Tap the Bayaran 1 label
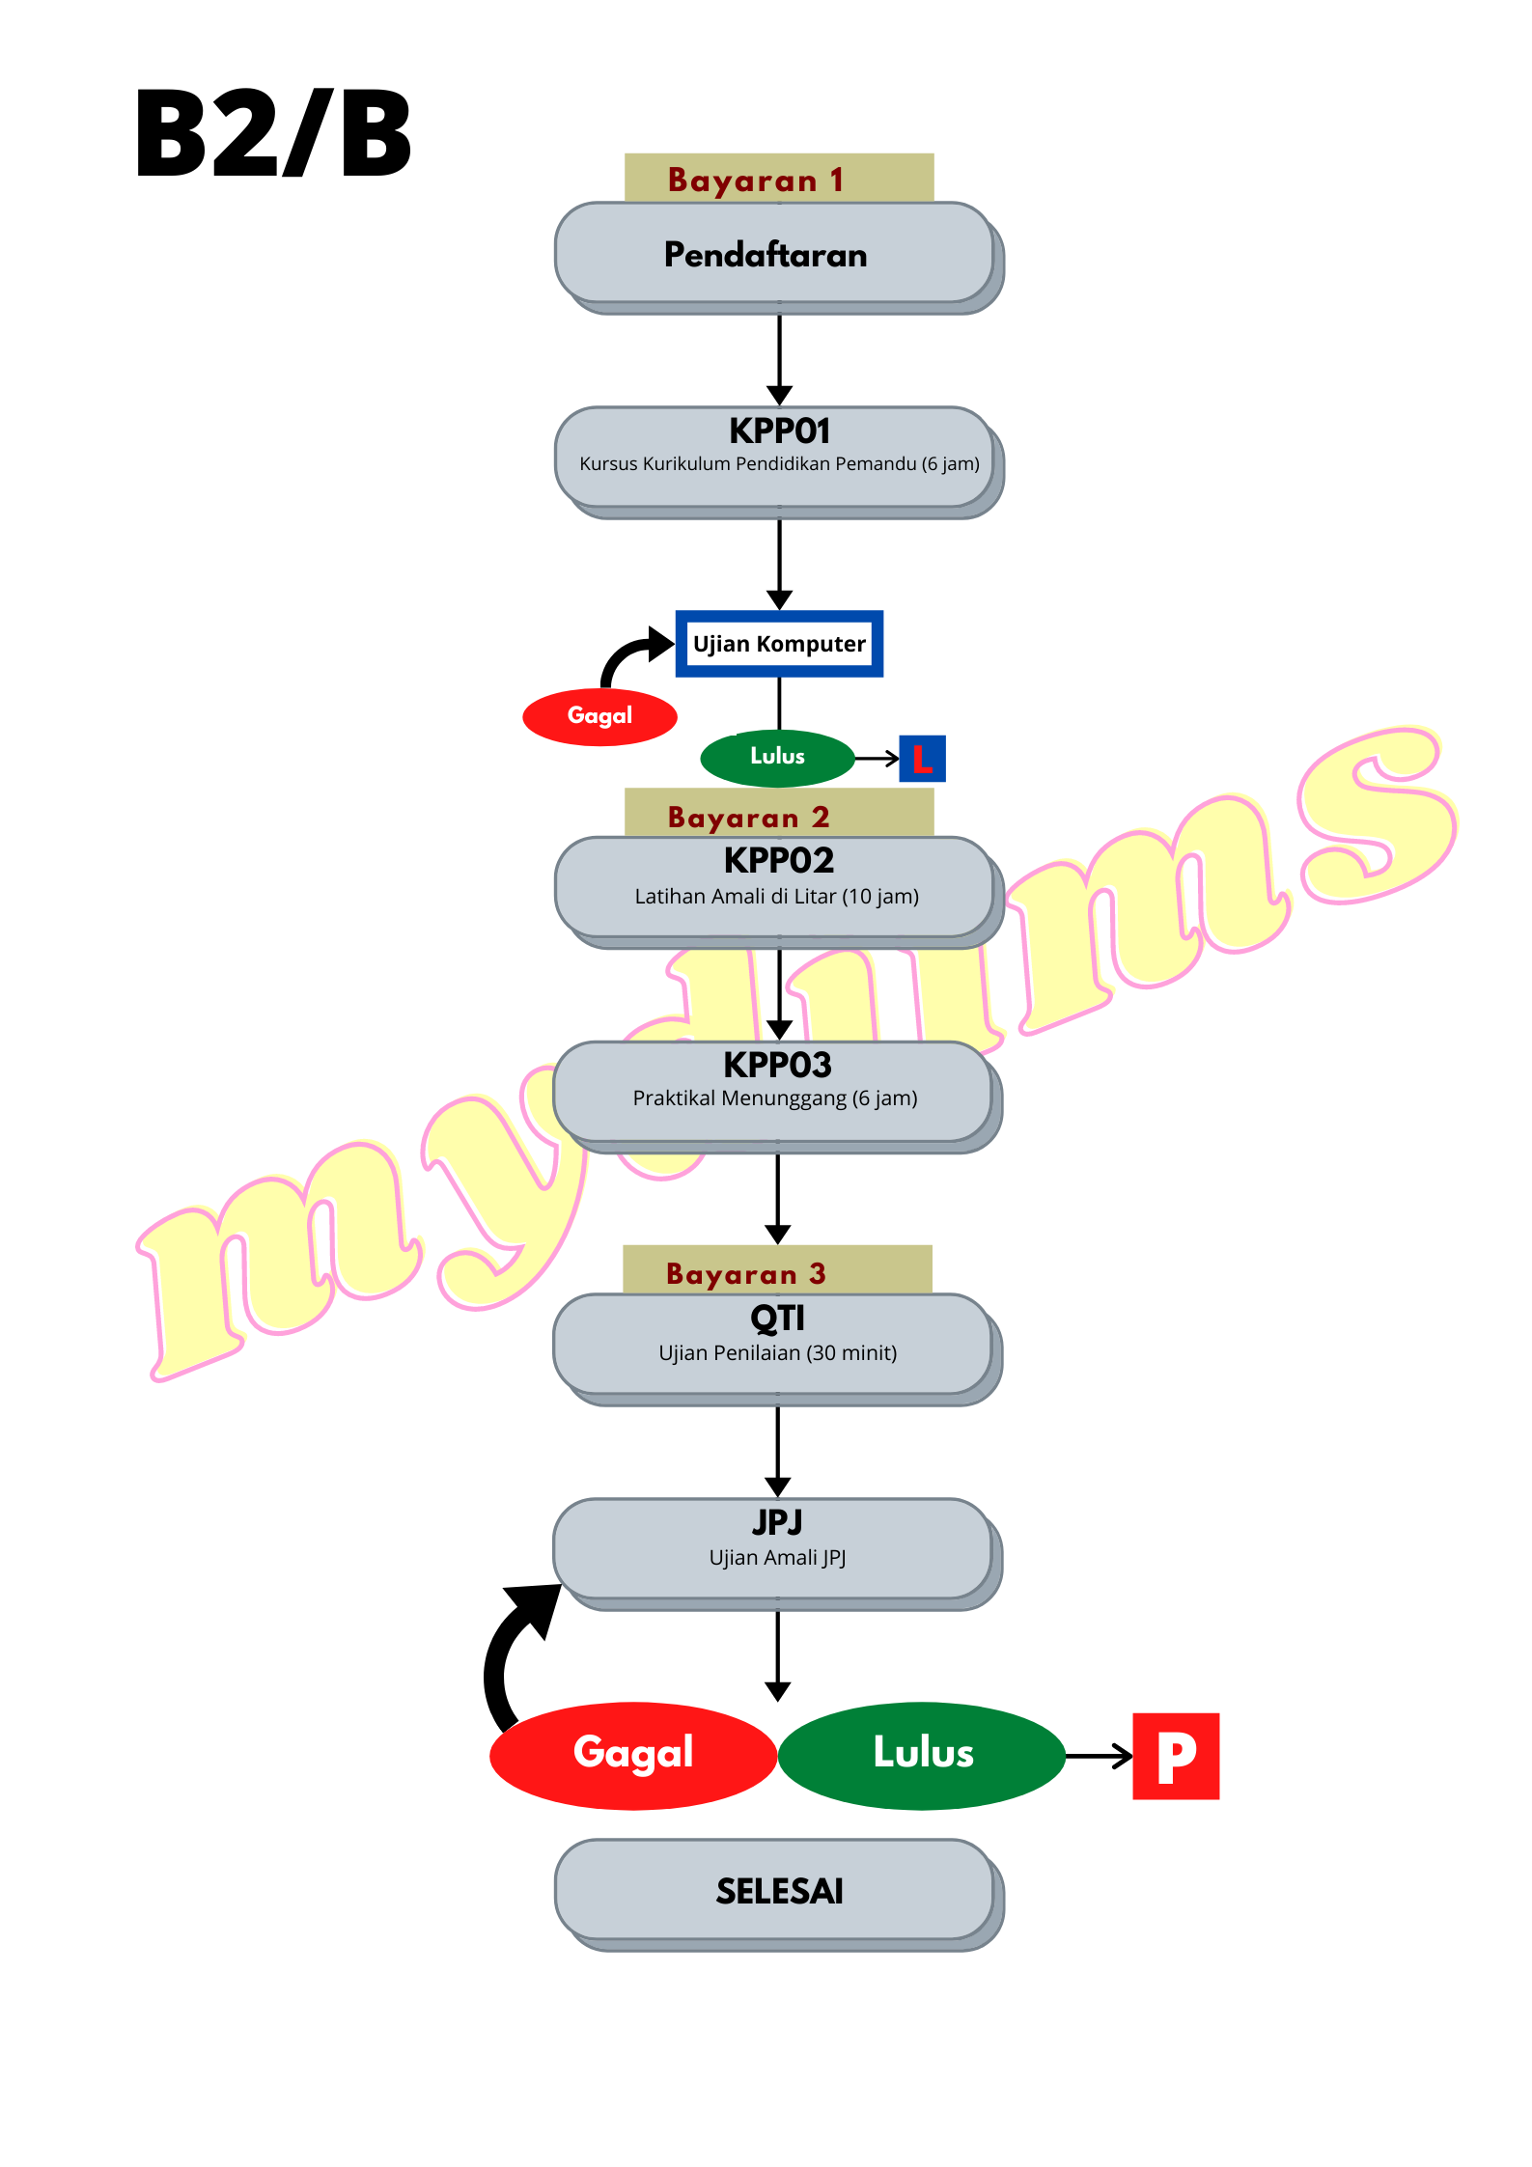756,180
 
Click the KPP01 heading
779,431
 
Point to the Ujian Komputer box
779,644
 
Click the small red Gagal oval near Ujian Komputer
599,716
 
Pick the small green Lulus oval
777,757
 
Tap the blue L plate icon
922,759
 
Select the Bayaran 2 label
749,817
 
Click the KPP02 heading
779,860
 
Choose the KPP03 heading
777,1065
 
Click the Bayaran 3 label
746,1273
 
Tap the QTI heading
777,1318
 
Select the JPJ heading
777,1522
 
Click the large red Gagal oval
633,1754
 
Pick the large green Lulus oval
922,1754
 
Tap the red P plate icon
1176,1756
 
